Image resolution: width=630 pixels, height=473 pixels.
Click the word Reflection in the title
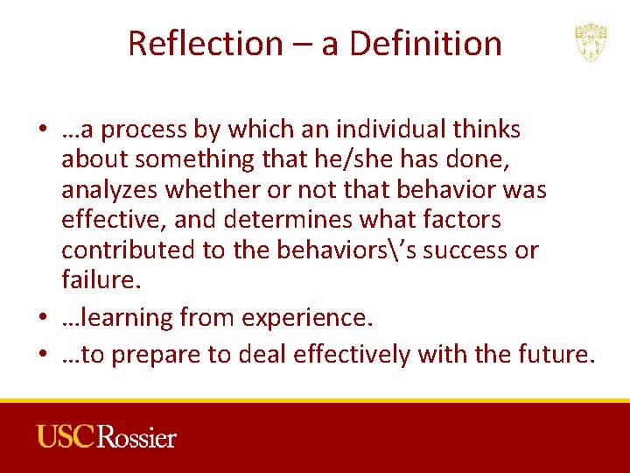(x=203, y=43)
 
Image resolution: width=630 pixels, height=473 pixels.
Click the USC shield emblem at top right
(x=591, y=43)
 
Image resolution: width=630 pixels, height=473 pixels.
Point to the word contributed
(x=129, y=250)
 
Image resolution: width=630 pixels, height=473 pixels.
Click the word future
(x=555, y=355)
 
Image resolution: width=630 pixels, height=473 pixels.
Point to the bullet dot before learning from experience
(x=43, y=318)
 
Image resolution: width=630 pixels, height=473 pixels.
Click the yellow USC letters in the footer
(x=66, y=436)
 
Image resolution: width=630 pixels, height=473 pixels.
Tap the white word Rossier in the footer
(x=137, y=436)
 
